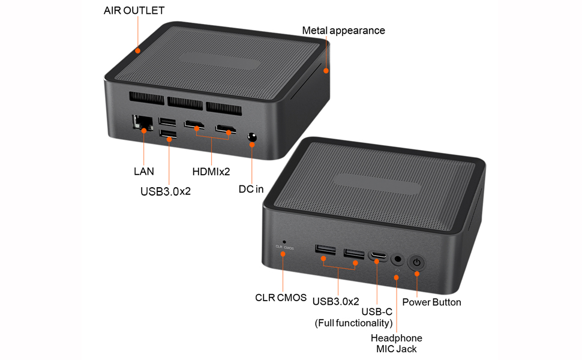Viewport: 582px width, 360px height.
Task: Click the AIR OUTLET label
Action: pos(134,11)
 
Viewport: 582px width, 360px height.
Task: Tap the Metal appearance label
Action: pos(343,31)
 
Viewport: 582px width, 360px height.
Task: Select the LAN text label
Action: pos(143,172)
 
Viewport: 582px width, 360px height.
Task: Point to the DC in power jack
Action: pos(252,138)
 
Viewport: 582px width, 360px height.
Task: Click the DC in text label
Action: pos(251,190)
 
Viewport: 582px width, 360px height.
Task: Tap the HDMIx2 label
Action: pos(211,172)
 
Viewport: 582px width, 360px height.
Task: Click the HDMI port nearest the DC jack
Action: pos(226,128)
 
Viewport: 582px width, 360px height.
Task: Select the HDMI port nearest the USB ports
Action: pos(193,125)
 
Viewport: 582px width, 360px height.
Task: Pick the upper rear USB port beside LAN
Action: pos(168,121)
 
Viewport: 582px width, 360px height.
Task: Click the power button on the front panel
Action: pos(416,262)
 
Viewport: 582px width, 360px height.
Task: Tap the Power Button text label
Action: pos(431,302)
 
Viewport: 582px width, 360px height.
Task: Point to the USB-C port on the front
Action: pos(377,257)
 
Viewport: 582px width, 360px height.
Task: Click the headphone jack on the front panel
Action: pos(397,260)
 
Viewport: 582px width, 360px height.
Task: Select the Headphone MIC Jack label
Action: pos(396,343)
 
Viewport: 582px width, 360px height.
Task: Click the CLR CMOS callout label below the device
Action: pos(281,298)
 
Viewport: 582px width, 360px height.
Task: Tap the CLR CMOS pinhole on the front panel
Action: pos(284,241)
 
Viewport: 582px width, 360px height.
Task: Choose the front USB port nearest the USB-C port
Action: pos(354,253)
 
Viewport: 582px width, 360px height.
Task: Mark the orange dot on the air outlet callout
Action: pos(138,50)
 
